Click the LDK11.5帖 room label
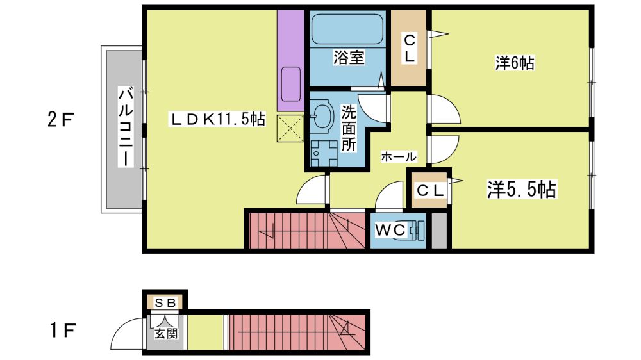tap(217, 119)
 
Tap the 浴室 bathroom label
tap(348, 57)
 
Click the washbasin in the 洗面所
tap(322, 115)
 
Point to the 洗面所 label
tap(349, 128)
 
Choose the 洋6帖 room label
tap(515, 63)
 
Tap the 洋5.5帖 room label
tap(521, 190)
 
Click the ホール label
tap(399, 156)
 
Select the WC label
tap(390, 230)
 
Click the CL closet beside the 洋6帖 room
tap(409, 48)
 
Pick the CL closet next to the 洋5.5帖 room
tap(429, 190)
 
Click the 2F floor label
tap(60, 120)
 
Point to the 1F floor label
tap(62, 330)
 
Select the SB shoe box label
tap(166, 303)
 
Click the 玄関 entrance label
tap(165, 333)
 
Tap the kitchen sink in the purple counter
tap(291, 84)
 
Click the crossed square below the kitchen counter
tap(290, 128)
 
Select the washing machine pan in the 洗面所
tap(323, 154)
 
